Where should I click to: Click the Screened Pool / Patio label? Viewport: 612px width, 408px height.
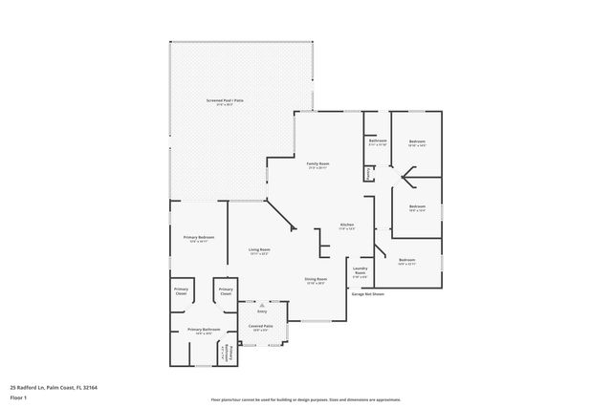225,100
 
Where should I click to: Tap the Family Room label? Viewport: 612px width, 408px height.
317,164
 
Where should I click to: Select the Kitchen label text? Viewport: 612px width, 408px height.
347,225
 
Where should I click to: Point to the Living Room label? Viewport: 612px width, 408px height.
258,250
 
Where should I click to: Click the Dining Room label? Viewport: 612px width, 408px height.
317,279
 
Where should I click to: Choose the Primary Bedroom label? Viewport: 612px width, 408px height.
199,237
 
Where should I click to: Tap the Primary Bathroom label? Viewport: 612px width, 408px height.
204,330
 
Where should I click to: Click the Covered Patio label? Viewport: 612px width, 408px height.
262,326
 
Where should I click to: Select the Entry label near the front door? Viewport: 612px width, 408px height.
261,311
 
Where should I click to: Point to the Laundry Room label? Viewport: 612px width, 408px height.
361,271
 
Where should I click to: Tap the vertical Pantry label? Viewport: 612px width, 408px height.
367,173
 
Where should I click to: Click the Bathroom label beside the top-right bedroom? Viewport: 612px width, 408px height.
377,141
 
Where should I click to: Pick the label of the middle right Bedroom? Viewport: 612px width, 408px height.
417,207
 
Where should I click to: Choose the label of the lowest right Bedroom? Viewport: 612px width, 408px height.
407,260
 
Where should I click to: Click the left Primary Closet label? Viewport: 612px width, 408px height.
181,291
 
